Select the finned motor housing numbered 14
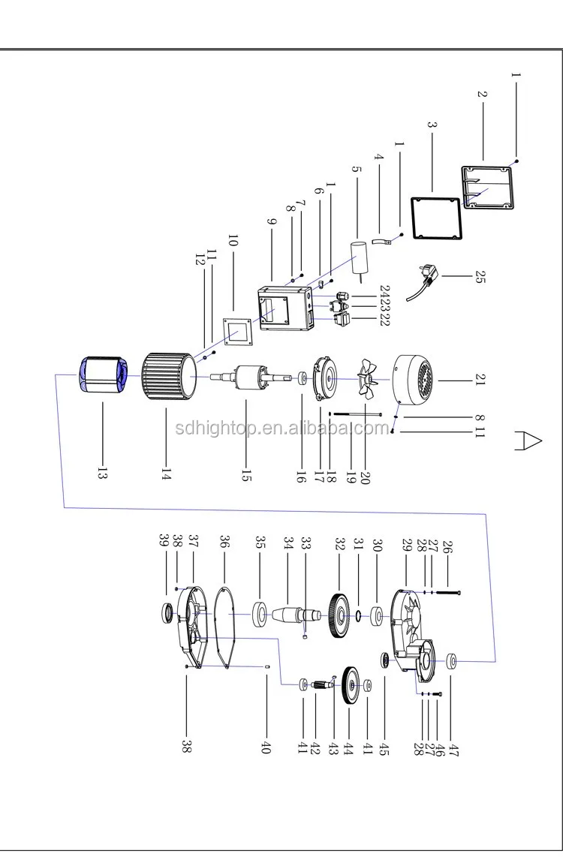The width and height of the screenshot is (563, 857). tap(168, 376)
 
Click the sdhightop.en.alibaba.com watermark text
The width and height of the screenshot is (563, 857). tap(281, 428)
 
